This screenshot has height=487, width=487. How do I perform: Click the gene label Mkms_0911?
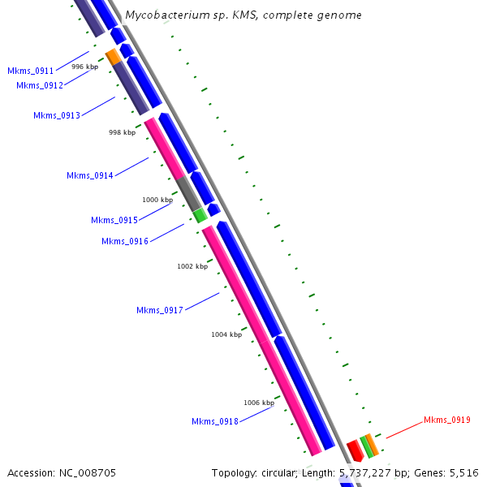click(31, 71)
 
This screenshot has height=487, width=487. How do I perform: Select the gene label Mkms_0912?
click(40, 86)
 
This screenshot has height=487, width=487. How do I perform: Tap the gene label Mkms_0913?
click(57, 116)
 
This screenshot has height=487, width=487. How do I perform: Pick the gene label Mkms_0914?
click(90, 176)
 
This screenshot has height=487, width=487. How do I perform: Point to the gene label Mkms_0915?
click(114, 221)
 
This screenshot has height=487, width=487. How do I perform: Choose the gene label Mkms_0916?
click(125, 241)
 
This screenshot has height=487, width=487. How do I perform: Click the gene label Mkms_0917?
click(160, 311)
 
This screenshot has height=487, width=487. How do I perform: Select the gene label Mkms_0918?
click(215, 421)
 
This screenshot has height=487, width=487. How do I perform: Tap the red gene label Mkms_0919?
click(447, 420)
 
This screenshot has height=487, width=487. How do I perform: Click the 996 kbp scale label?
click(85, 67)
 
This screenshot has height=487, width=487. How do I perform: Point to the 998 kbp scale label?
click(123, 131)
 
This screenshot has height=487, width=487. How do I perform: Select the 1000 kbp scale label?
click(157, 200)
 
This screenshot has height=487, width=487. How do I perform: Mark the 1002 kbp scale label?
click(192, 266)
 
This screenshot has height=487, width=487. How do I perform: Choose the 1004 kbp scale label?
click(226, 334)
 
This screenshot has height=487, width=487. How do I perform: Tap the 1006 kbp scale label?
click(259, 403)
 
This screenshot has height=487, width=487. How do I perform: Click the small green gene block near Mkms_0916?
click(199, 215)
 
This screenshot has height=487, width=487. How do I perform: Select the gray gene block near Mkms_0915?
click(188, 193)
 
